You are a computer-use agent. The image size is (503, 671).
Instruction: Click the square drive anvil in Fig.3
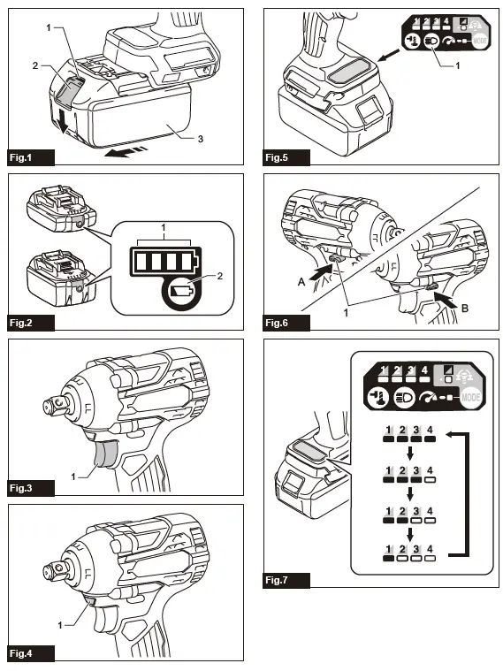coord(52,406)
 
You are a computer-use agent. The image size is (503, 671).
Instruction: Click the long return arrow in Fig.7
coord(461,495)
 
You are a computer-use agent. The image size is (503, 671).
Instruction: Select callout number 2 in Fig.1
coord(36,65)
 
